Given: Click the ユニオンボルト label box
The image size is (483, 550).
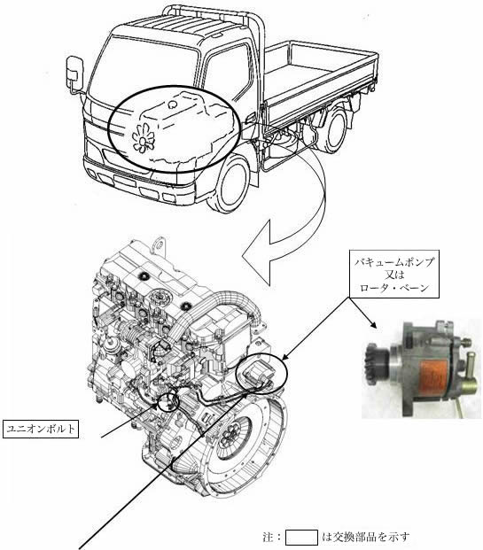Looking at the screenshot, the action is [41, 429].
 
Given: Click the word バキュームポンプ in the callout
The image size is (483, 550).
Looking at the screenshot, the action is [393, 262].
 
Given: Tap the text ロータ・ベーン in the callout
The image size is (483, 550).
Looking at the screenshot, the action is [394, 288].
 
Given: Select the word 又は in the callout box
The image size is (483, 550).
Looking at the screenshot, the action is [393, 275].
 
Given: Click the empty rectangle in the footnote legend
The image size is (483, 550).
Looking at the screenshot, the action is [301, 538].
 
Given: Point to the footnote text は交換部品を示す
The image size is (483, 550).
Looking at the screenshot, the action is [365, 537].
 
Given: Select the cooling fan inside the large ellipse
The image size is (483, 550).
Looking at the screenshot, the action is [144, 138].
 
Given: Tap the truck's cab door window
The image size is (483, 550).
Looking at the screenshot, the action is [228, 71].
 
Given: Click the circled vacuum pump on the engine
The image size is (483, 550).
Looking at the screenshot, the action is [261, 373].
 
